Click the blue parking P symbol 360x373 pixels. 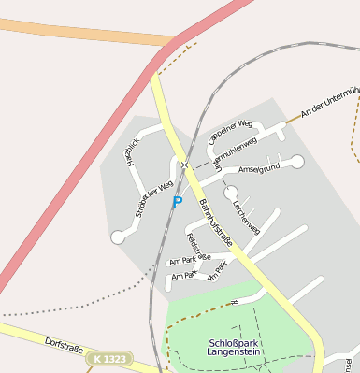click(177, 202)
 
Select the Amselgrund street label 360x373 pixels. click(259, 169)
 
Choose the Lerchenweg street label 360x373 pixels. click(246, 217)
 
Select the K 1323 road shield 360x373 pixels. click(108, 358)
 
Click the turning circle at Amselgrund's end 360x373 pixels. click(297, 162)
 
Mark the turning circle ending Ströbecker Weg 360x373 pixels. click(118, 237)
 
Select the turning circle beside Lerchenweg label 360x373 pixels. click(231, 194)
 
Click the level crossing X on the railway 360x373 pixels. click(185, 166)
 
